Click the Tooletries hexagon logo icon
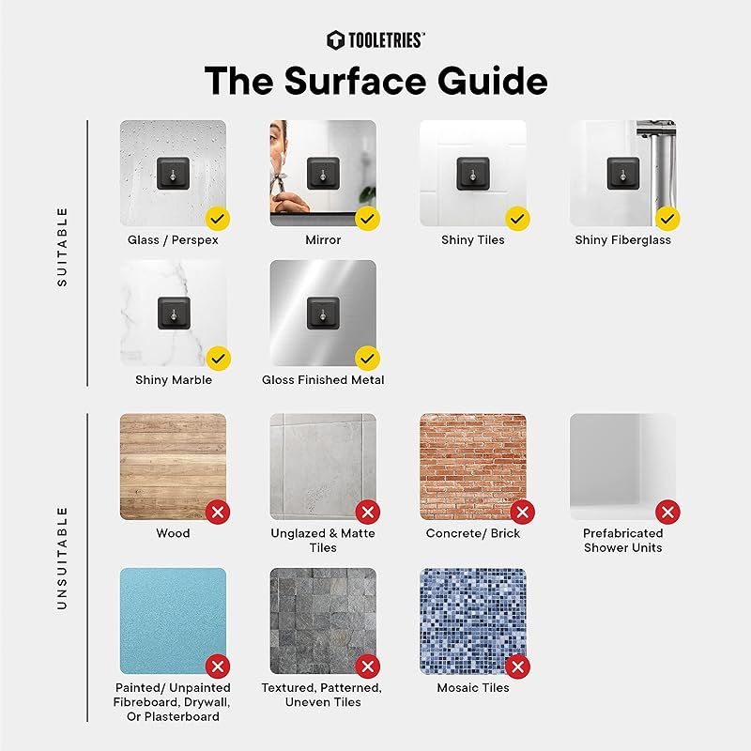tap(335, 40)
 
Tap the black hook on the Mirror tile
tap(323, 173)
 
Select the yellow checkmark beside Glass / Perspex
tap(218, 219)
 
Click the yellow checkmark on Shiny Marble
tap(218, 359)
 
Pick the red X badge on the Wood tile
tap(218, 512)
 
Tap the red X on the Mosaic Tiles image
tap(518, 667)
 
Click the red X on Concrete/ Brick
tap(523, 512)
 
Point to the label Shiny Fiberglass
tap(622, 240)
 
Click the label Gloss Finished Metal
tap(323, 380)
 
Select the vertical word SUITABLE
tap(62, 247)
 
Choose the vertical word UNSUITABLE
tap(62, 558)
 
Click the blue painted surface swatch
tap(173, 621)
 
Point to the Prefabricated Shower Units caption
tap(622, 541)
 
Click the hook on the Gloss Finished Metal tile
tap(323, 313)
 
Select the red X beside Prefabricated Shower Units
tap(667, 512)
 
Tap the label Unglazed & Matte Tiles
tap(323, 541)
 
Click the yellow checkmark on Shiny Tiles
tap(518, 219)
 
